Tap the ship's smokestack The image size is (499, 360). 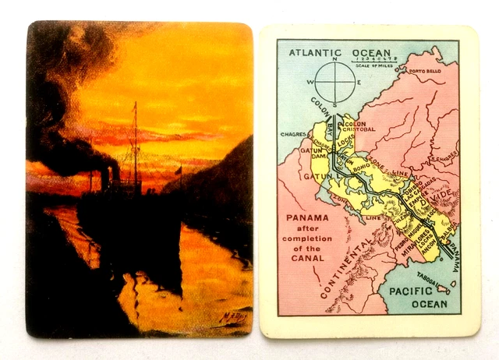[x=104, y=178]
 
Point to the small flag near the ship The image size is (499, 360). [x=178, y=169]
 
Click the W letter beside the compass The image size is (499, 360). [x=311, y=82]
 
